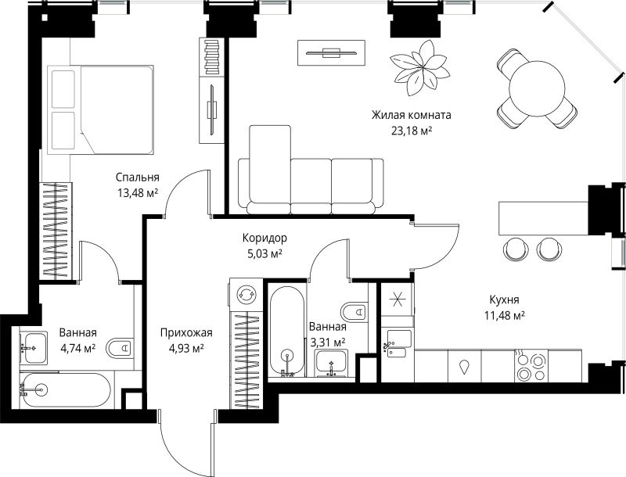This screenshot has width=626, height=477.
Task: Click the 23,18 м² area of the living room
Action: (412, 131)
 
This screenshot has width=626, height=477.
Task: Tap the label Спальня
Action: (138, 177)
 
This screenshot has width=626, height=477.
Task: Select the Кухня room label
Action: (504, 299)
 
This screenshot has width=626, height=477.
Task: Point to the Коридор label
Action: (264, 238)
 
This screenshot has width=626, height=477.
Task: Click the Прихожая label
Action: (186, 332)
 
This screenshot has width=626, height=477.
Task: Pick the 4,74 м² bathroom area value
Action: (77, 348)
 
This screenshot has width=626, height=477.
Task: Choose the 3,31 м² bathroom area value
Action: (327, 343)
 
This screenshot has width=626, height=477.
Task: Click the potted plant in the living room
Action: (419, 68)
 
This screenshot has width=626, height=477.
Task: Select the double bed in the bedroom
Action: (101, 109)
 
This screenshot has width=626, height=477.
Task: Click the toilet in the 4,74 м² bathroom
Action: (120, 348)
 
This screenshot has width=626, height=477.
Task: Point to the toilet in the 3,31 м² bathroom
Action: (354, 311)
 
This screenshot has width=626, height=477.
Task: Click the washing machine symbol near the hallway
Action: (245, 295)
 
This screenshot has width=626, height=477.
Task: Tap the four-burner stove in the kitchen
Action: (531, 366)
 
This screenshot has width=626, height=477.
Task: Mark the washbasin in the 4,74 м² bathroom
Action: (34, 348)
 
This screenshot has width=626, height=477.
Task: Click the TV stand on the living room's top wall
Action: (331, 52)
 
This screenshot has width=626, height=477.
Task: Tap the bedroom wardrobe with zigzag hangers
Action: (56, 231)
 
